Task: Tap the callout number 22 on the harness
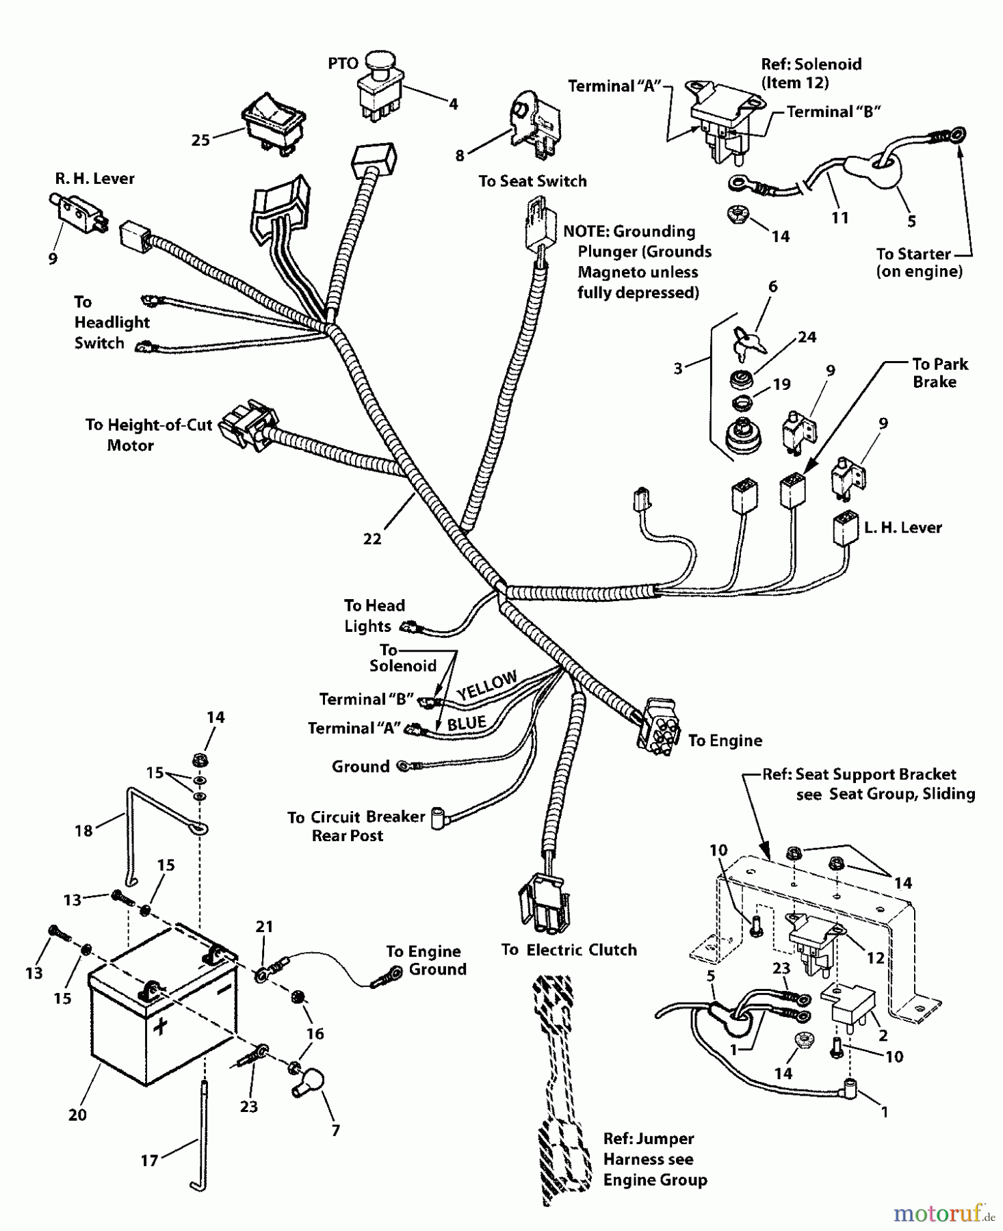click(372, 539)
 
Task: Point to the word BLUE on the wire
click(467, 723)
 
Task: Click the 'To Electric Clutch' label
click(569, 950)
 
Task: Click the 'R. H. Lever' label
click(94, 178)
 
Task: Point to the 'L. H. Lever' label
click(902, 527)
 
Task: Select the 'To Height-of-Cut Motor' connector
click(247, 428)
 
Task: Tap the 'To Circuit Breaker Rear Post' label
click(356, 825)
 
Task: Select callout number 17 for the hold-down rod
click(149, 1160)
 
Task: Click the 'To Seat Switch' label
click(532, 181)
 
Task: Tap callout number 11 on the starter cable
click(839, 217)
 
